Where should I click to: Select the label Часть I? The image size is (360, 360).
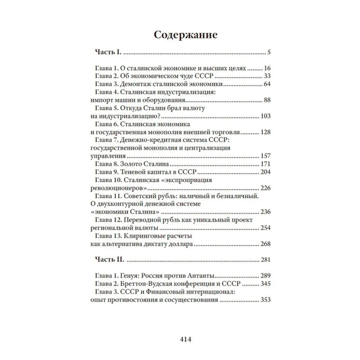click(x=108, y=52)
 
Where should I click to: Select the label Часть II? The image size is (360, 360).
click(x=109, y=260)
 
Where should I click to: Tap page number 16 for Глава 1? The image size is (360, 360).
click(x=266, y=68)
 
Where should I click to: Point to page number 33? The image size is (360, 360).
click(x=266, y=76)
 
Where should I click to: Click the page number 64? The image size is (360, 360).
click(x=266, y=84)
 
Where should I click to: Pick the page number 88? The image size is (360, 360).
click(x=266, y=100)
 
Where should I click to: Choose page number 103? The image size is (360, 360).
click(x=265, y=116)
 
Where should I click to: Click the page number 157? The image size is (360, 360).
click(x=265, y=156)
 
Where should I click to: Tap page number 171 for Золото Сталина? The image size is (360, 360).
click(x=265, y=164)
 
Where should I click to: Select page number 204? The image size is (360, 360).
click(x=265, y=172)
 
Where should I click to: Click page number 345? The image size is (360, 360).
click(x=265, y=284)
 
